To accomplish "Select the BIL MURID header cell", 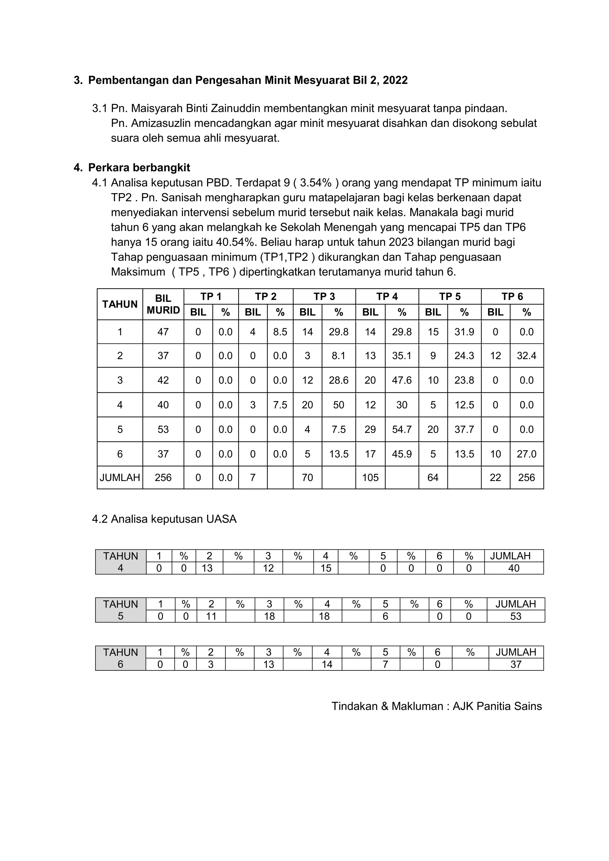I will click(163, 304).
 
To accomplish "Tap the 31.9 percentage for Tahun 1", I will click(464, 332).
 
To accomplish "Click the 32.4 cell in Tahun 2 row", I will click(527, 356).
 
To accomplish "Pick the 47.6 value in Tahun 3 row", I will click(402, 380).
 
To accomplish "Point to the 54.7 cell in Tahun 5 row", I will click(402, 429).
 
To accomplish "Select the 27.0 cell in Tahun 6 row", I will click(527, 454).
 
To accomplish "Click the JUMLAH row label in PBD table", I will click(120, 478).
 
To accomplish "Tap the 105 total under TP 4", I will click(370, 478).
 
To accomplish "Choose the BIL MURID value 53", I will click(163, 429).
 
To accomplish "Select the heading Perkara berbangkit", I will click(139, 168).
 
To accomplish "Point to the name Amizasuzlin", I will click(161, 123).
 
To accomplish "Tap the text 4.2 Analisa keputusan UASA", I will click(164, 519).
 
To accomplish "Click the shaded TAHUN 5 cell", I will click(120, 610).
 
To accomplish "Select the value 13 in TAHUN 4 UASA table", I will click(207, 568).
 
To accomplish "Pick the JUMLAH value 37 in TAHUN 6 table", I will click(516, 664).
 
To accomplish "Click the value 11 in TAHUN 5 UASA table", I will click(211, 616).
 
